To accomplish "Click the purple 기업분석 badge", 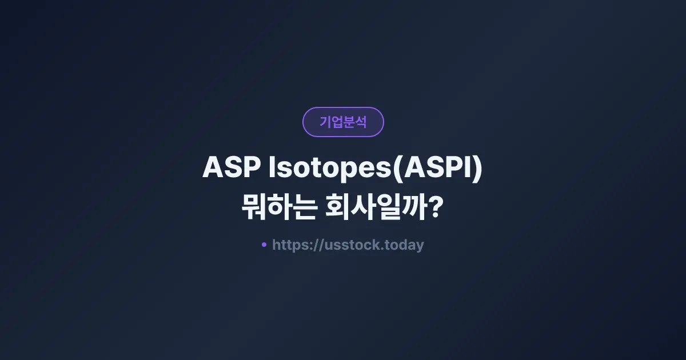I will coord(343,122).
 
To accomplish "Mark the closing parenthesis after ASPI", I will coord(478,169).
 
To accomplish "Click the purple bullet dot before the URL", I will coord(264,245).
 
